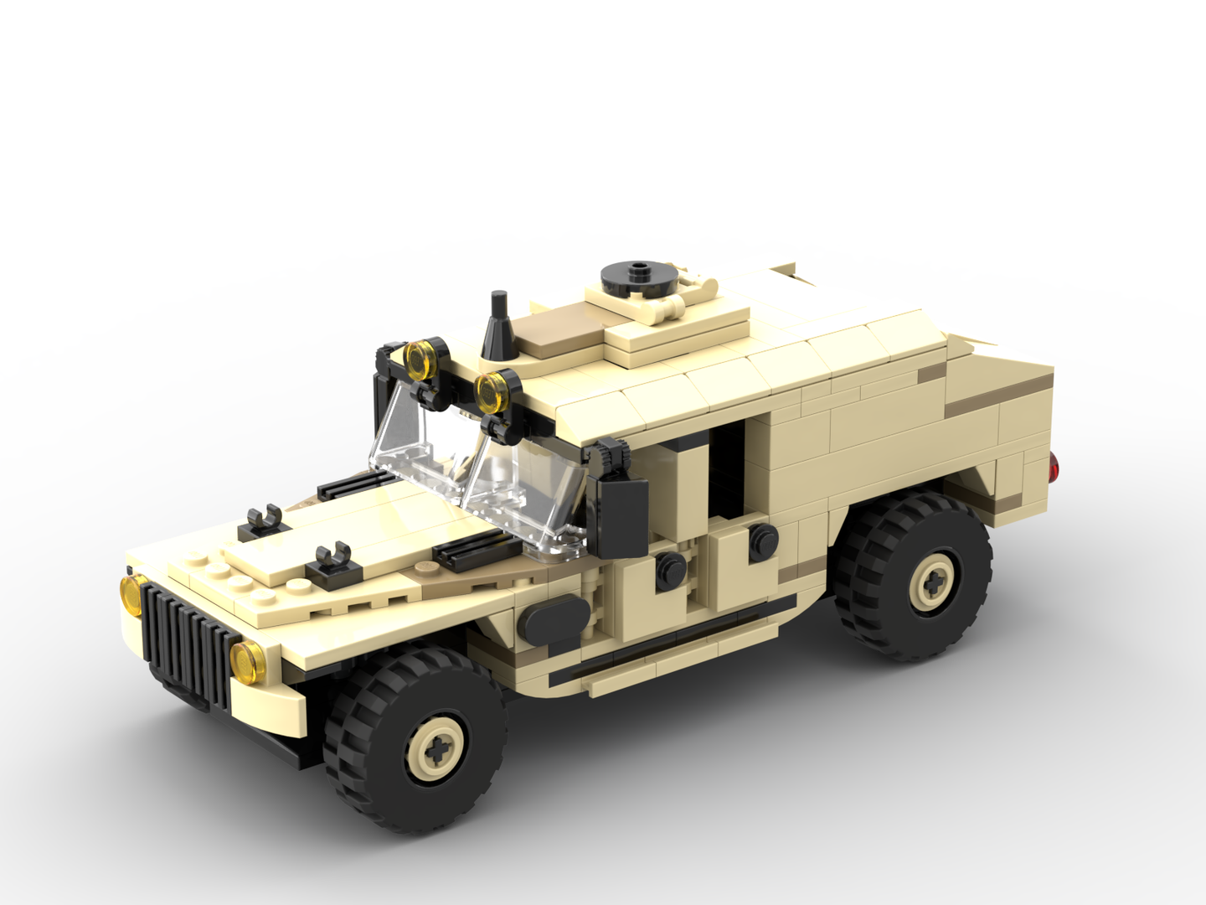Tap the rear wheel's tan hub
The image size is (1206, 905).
click(931, 581)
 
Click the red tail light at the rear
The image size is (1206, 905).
click(1055, 467)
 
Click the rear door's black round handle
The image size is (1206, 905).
click(760, 539)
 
